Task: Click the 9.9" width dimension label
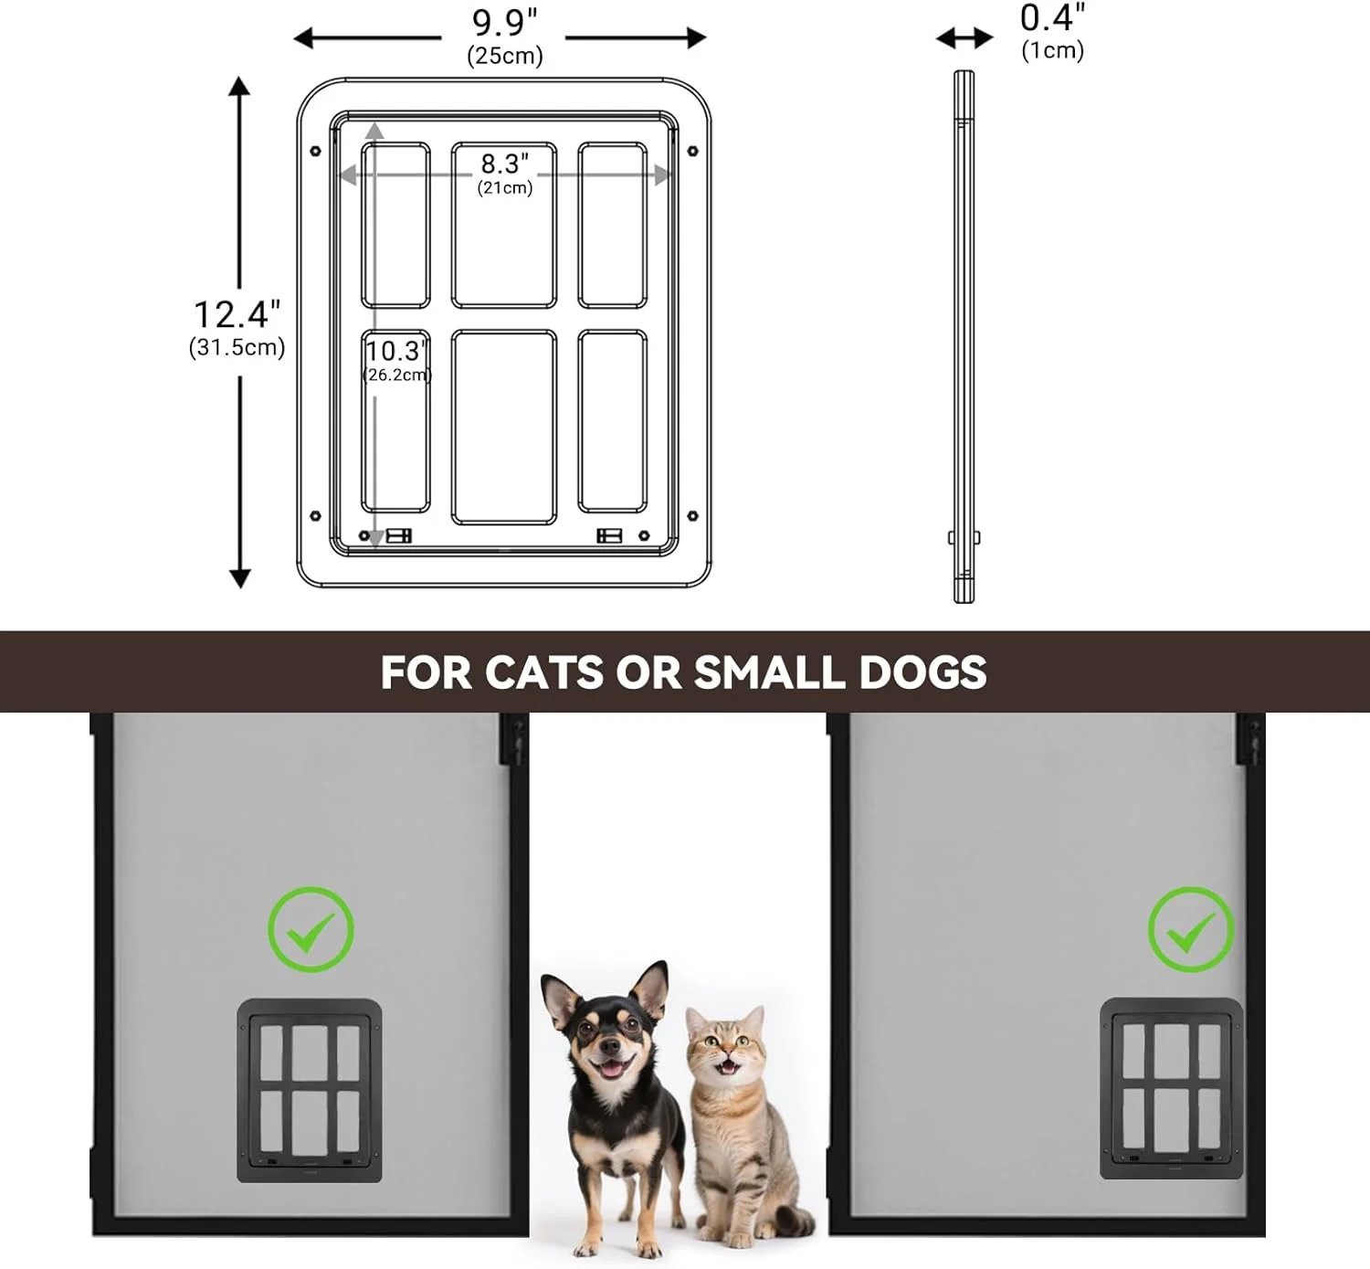[504, 23]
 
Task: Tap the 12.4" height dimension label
[237, 314]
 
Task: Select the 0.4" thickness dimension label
[1052, 17]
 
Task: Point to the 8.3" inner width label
[504, 164]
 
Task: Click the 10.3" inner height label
[395, 351]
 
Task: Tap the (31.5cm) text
[237, 347]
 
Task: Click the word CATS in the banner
[544, 672]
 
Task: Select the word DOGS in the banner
[923, 672]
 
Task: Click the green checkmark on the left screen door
[311, 929]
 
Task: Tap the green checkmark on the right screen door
[1191, 929]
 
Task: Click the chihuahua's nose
[608, 1045]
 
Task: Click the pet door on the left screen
[309, 1090]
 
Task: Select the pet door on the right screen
[1171, 1088]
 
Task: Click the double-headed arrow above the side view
[964, 38]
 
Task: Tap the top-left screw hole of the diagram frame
[315, 151]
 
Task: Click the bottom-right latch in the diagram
[609, 535]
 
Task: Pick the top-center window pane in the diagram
[504, 225]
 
